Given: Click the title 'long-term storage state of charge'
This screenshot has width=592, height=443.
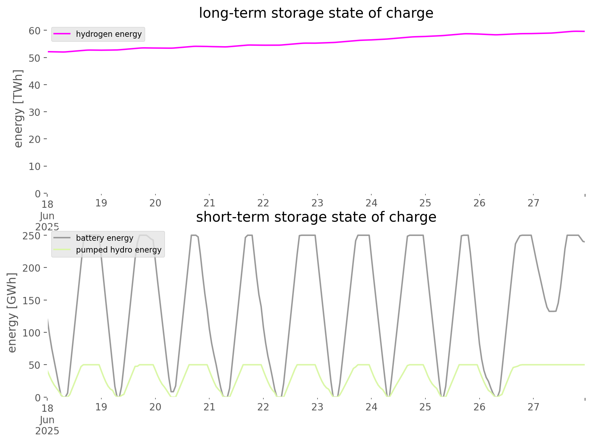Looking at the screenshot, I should pos(316,13).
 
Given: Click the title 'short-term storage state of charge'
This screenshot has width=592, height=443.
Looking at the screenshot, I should pos(316,217).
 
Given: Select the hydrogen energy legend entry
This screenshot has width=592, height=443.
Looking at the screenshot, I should pos(109,34).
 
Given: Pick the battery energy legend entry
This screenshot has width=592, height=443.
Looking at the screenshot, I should pos(104,238).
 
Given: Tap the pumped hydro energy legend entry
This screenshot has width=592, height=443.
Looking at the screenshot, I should pos(118,250).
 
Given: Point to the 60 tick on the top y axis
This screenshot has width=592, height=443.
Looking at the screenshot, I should pos(35,31).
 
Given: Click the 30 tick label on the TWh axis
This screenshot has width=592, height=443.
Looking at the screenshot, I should pos(35,112).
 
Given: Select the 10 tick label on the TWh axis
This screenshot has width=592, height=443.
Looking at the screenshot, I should pos(35,167).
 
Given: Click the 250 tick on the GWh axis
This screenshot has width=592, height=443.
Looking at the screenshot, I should pos(32,236).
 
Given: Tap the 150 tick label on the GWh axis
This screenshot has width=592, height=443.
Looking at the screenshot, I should pos(32,300).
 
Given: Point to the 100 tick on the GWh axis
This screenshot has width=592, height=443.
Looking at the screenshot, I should pos(32,333).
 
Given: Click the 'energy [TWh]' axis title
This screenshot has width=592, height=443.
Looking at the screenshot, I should pos(18,109).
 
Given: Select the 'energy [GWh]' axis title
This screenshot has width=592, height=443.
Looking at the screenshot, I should pos(12,313).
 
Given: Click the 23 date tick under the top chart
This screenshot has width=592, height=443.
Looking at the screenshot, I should pos(317,203).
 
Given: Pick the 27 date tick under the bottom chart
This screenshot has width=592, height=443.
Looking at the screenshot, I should pos(533,407).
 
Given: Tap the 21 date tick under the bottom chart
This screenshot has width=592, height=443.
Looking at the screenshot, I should pos(209,407).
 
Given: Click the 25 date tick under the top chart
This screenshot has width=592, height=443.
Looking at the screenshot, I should pos(425,203).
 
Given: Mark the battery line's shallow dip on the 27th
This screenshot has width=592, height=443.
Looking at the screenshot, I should pos(552,311).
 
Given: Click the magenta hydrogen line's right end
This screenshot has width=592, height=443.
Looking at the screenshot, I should pos(584,31).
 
